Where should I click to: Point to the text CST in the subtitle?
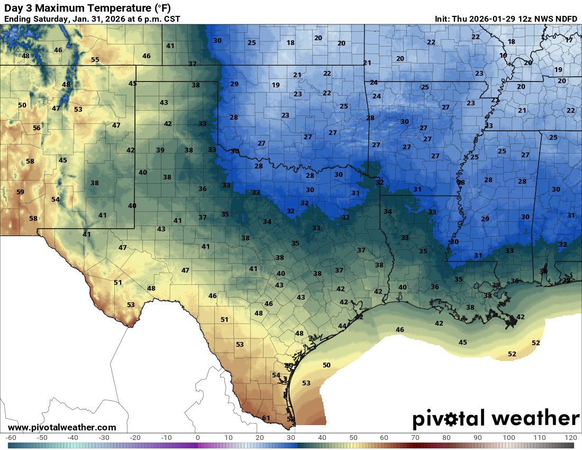(171, 19)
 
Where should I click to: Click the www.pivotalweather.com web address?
(62, 427)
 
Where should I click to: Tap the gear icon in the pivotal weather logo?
(452, 419)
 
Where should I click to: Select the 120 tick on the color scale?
(570, 438)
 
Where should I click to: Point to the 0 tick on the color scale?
(197, 438)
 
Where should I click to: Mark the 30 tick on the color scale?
(291, 438)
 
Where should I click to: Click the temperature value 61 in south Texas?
(266, 418)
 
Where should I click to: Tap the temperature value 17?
(569, 40)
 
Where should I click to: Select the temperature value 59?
(20, 192)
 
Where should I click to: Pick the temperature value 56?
(37, 128)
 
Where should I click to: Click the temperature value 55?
(95, 60)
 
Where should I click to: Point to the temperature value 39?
(160, 150)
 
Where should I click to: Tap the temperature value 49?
(289, 366)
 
